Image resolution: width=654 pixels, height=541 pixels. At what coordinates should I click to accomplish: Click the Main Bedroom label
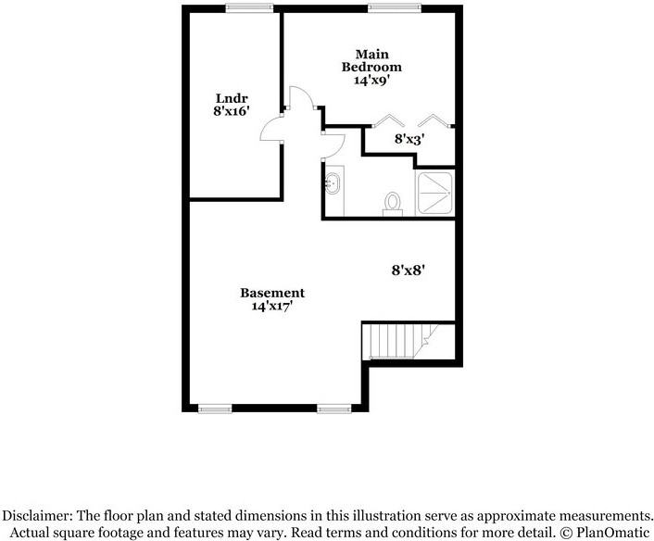(371, 60)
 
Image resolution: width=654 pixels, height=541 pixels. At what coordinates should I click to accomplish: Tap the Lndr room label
(232, 98)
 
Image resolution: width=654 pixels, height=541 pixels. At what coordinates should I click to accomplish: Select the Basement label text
(272, 293)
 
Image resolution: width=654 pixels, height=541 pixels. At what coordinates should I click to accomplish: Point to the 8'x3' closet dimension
(409, 139)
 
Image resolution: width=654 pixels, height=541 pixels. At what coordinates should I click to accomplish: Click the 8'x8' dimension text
(408, 270)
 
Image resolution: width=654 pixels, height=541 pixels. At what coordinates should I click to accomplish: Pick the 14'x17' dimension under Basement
(271, 306)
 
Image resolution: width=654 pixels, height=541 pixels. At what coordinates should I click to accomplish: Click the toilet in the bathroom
(393, 204)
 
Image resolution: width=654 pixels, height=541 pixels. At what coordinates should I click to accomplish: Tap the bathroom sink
(333, 183)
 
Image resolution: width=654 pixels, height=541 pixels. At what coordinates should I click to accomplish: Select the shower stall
(435, 193)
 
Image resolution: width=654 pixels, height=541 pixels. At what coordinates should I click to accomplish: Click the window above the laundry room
(249, 8)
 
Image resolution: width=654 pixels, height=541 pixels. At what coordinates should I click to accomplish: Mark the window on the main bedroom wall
(395, 8)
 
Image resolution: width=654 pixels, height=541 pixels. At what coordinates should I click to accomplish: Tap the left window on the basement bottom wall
(215, 409)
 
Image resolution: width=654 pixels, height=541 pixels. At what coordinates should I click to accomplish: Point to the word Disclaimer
(38, 516)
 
